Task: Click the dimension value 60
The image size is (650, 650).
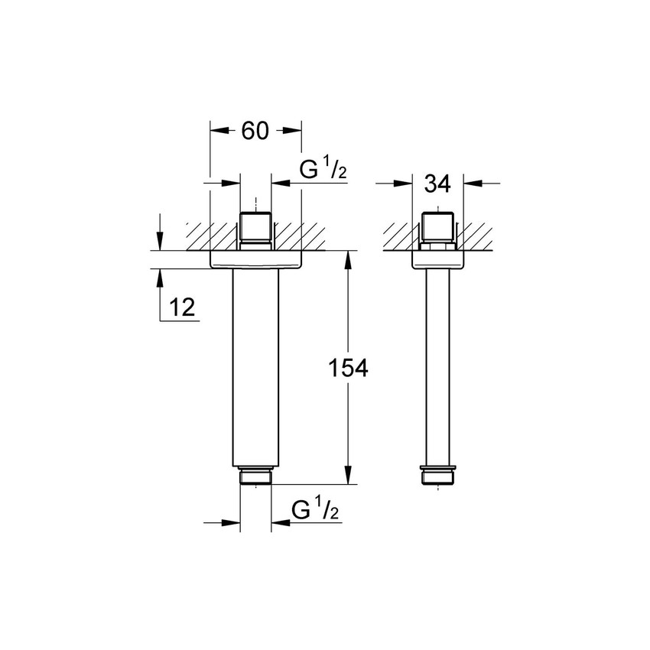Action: point(255,131)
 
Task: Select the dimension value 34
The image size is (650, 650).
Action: point(438,184)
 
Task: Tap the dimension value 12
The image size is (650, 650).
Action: point(182,307)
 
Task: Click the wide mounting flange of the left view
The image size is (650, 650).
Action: point(255,260)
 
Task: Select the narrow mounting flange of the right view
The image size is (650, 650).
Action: point(439,260)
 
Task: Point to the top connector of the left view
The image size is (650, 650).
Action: point(255,229)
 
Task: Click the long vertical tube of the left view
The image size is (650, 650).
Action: point(255,367)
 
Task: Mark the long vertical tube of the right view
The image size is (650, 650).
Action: point(439,367)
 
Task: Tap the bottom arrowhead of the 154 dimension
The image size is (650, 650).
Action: point(349,477)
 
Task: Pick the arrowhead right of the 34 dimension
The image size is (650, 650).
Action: point(474,184)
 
